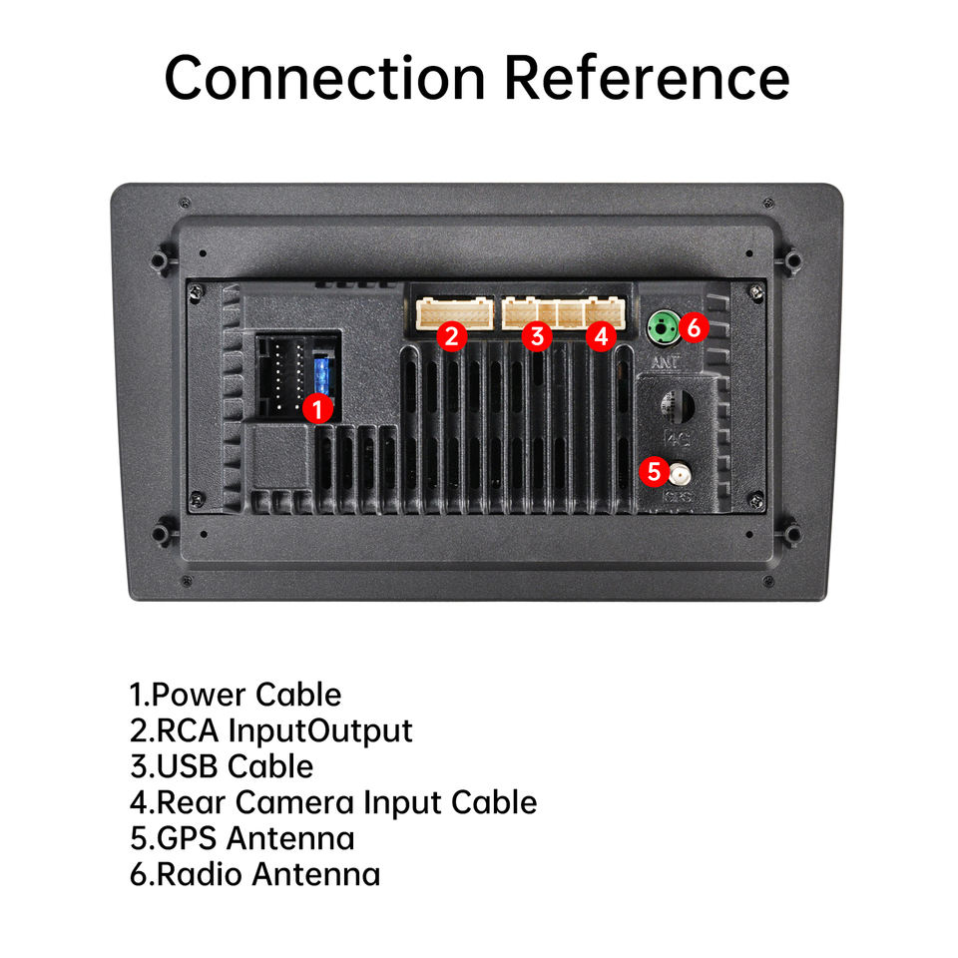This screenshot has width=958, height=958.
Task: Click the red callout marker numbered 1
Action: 317,408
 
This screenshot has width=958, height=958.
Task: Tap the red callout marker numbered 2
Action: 452,336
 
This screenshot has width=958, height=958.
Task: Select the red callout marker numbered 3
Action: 537,336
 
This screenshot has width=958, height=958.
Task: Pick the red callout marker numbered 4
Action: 600,337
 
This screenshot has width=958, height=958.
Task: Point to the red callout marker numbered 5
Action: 654,470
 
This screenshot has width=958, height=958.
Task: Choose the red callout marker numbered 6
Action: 696,325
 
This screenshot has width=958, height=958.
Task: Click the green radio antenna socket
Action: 663,325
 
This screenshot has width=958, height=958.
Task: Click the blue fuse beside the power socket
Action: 321,376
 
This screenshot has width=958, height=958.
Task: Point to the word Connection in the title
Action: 325,78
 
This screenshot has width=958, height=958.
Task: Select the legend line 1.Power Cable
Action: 236,695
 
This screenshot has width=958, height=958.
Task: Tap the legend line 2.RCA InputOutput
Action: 270,730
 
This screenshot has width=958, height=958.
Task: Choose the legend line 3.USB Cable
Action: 222,766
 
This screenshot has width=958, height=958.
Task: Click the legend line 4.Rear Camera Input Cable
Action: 333,802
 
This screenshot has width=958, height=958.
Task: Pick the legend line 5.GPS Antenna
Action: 241,838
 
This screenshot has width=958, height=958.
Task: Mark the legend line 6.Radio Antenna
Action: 254,874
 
